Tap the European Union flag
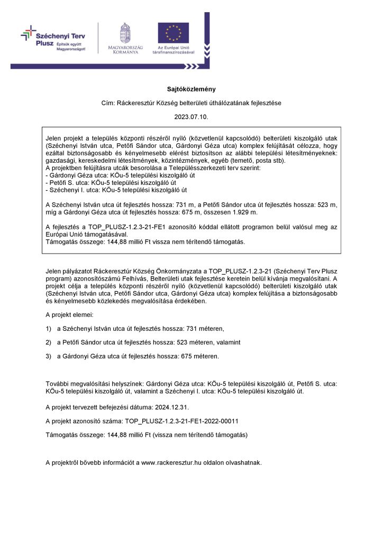(x=173, y=33)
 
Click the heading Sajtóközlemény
(x=191, y=89)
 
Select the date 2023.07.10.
(x=191, y=116)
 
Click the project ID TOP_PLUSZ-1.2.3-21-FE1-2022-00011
(x=181, y=421)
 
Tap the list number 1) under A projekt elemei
(x=49, y=329)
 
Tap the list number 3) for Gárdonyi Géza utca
(x=49, y=356)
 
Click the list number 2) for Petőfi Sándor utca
(x=49, y=342)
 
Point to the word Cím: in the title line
(x=108, y=103)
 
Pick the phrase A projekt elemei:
(x=69, y=315)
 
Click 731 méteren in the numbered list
(x=203, y=329)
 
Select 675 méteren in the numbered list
(x=199, y=356)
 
